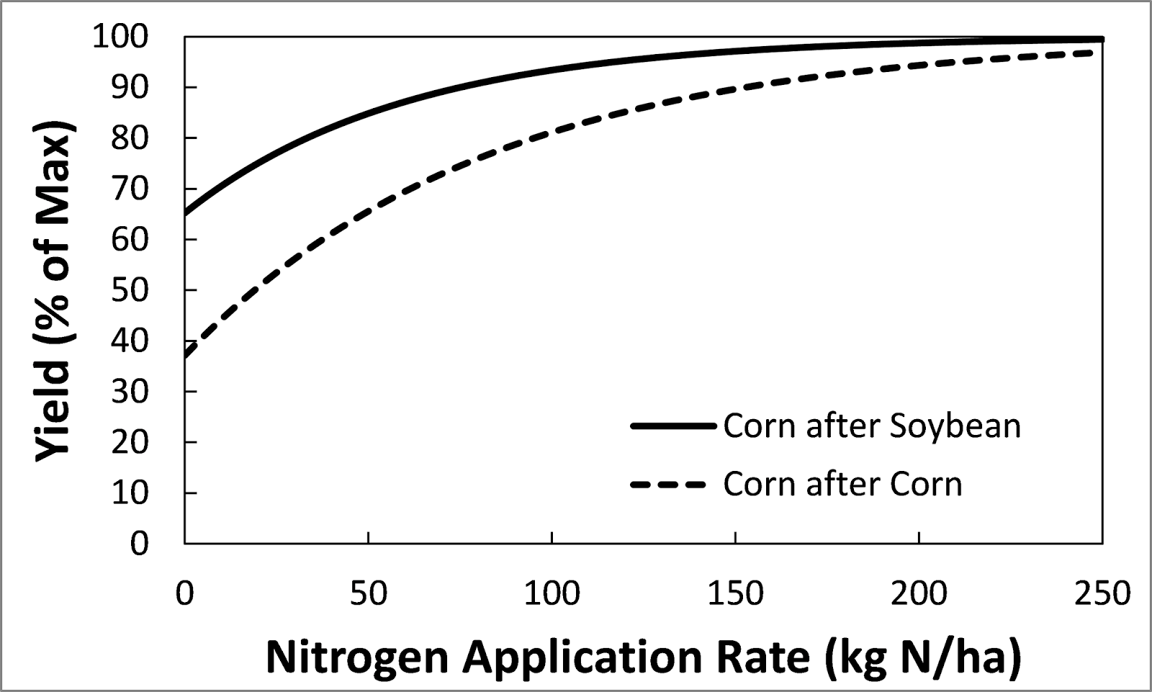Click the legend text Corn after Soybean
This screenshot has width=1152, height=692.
pyautogui.click(x=872, y=426)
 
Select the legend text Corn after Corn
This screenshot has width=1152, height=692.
pyautogui.click(x=842, y=485)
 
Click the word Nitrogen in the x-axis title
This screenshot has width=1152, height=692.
pyautogui.click(x=357, y=657)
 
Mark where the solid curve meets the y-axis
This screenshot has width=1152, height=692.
pyautogui.click(x=185, y=214)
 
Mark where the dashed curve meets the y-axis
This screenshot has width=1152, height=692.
pyautogui.click(x=185, y=356)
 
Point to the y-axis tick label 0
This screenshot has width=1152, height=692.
pyautogui.click(x=139, y=543)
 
